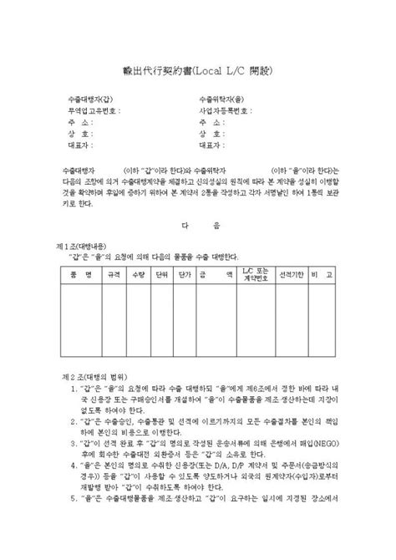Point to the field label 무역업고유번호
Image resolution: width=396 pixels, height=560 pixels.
tap(94, 109)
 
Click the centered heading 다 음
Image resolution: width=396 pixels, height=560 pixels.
tap(203, 225)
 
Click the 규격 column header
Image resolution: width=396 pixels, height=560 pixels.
tap(114, 274)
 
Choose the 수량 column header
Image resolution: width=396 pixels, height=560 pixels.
tap(140, 274)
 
